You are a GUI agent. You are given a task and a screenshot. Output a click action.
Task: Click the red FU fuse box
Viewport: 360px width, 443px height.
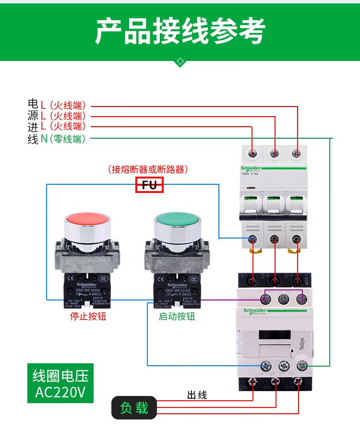coord(150,185)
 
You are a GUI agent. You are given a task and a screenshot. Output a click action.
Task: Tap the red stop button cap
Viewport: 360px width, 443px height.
coord(87,220)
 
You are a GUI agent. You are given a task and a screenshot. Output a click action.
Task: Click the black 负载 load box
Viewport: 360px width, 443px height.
coord(134,408)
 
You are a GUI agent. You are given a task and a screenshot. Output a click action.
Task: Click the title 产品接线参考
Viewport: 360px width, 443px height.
coord(180,32)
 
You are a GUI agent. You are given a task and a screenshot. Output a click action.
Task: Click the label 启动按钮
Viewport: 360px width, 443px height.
coord(177,317)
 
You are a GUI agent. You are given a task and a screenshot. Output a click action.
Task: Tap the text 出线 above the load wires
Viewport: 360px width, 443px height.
coord(197,395)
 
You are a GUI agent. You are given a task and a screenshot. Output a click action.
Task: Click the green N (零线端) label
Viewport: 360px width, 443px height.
coord(63,139)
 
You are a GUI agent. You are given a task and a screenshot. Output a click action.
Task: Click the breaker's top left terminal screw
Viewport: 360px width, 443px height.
coord(252,154)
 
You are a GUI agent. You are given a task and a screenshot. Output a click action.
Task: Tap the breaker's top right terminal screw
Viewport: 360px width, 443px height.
coord(298,154)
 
